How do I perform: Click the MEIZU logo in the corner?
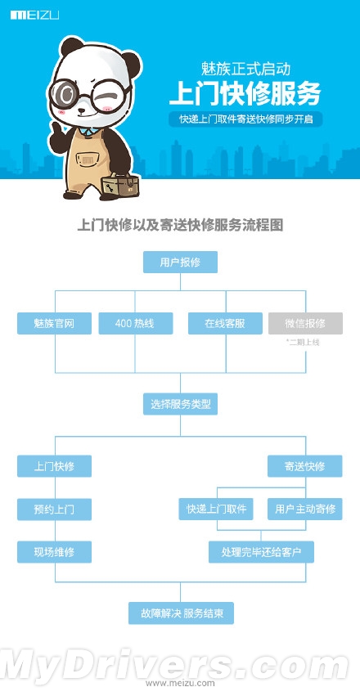34,15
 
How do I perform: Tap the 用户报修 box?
180,262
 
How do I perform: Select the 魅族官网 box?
54,323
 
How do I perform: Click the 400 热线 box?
135,323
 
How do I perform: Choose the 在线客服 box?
225,323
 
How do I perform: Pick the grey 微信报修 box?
305,323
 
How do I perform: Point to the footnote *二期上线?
304,342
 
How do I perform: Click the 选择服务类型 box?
180,404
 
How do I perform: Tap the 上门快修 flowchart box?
54,466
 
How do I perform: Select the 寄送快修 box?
305,466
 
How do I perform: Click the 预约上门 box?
54,510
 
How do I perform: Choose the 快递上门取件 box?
216,509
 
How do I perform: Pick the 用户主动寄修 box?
305,509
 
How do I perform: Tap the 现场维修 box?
54,552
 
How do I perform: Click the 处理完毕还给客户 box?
261,552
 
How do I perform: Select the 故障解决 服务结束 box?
181,613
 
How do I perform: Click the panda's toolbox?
119,185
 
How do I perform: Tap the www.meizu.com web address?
180,683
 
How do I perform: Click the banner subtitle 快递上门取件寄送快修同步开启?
245,119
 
